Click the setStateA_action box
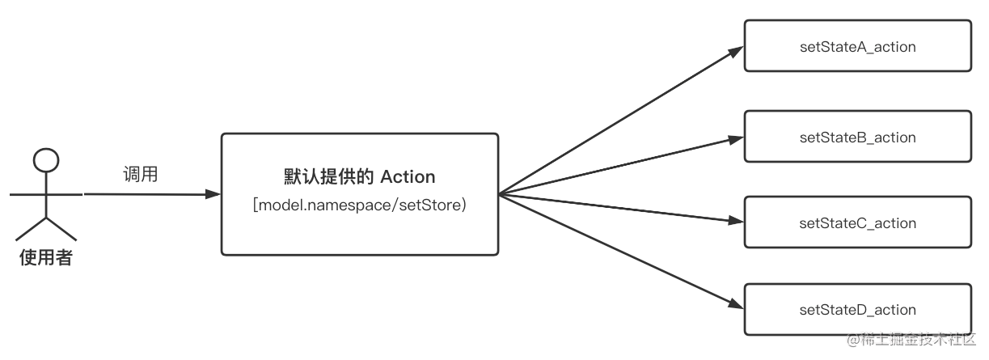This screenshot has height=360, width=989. [x=856, y=47]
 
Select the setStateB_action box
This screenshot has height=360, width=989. [x=856, y=138]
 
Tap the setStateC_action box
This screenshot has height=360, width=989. [x=856, y=223]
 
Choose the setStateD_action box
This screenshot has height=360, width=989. [x=856, y=310]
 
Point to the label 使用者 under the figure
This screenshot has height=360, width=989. [x=46, y=259]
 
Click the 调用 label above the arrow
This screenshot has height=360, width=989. [x=140, y=176]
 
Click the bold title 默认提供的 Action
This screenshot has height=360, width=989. [x=359, y=176]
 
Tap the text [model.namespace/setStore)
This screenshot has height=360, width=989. [x=359, y=205]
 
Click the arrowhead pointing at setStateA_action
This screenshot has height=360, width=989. [x=736, y=50]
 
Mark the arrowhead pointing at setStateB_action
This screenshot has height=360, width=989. [x=736, y=139]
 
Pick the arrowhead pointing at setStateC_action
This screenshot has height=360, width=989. [x=736, y=222]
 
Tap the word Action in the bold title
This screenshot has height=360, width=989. [x=408, y=176]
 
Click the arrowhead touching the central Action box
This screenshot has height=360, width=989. [x=213, y=194]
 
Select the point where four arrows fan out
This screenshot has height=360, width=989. [x=500, y=194]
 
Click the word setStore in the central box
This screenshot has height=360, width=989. [x=435, y=205]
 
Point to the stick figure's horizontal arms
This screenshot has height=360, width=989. [x=46, y=194]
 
